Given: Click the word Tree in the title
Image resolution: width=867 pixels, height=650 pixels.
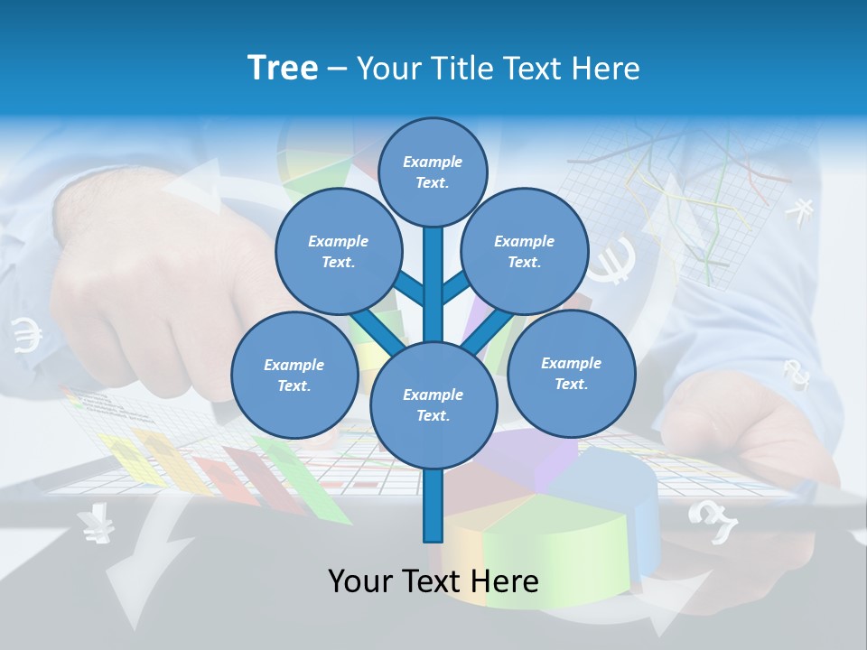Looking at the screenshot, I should [283, 68].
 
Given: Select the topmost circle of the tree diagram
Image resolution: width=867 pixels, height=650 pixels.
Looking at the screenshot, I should [433, 172].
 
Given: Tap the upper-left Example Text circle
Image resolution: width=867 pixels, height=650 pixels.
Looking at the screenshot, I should [338, 251].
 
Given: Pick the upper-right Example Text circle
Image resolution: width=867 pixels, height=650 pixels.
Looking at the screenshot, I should [525, 251].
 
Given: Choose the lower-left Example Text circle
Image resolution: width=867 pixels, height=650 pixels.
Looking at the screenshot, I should [294, 375].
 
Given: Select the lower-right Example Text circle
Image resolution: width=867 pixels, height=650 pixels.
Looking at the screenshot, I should [571, 373].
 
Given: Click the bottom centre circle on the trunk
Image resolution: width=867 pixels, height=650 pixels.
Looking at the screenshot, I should [433, 404].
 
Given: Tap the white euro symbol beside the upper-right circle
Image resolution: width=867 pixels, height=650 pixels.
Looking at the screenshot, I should [615, 260].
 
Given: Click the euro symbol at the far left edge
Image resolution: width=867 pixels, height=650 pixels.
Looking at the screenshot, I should [27, 337].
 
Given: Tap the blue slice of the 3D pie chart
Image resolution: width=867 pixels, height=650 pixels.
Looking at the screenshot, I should [614, 492].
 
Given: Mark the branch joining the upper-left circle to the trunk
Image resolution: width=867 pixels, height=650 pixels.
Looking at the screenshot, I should [408, 290].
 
